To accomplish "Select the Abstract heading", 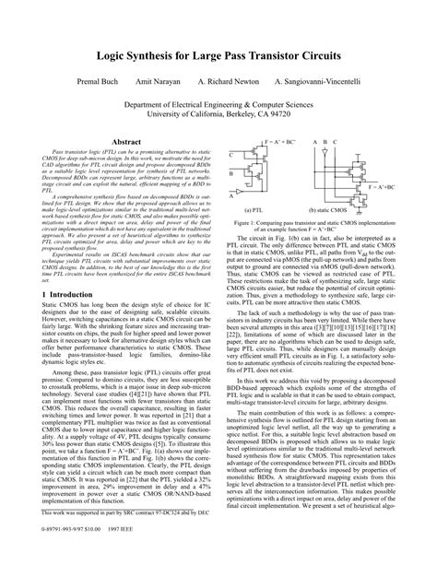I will pos(125,142).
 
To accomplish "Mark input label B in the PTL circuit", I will pos(230,174).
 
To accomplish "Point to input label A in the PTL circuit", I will pos(230,194).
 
